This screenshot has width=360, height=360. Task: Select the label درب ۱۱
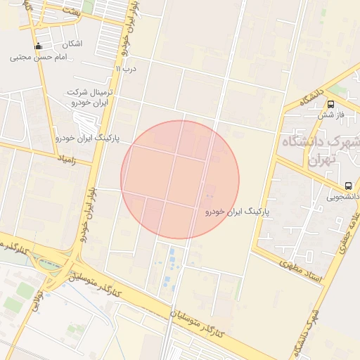(x=127, y=69)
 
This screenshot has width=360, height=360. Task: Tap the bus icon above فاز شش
(x=330, y=104)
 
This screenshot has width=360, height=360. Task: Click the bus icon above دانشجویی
(x=348, y=186)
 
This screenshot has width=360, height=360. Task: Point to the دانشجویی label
(x=341, y=198)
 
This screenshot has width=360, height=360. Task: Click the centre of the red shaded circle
(x=180, y=179)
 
